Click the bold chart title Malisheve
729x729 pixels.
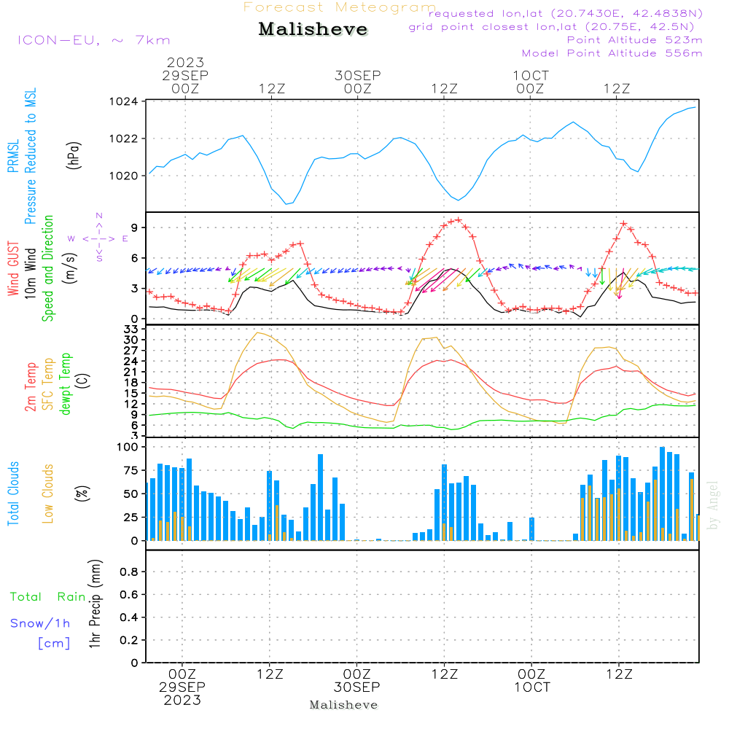pos(313,29)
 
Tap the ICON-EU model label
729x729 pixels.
pos(93,40)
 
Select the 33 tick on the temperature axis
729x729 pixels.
pos(132,330)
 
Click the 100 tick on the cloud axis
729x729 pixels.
pos(128,447)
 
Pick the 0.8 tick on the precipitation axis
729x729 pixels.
pos(129,572)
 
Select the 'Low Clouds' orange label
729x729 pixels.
pos(48,492)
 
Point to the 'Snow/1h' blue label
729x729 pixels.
pos(40,623)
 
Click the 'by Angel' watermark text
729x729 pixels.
pos(713,510)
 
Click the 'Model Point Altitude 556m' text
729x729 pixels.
pos(612,53)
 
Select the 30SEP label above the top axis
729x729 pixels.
pos(358,75)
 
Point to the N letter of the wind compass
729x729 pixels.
pos(98,216)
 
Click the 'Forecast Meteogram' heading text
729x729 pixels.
pos(340,7)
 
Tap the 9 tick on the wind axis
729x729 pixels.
pos(135,227)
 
